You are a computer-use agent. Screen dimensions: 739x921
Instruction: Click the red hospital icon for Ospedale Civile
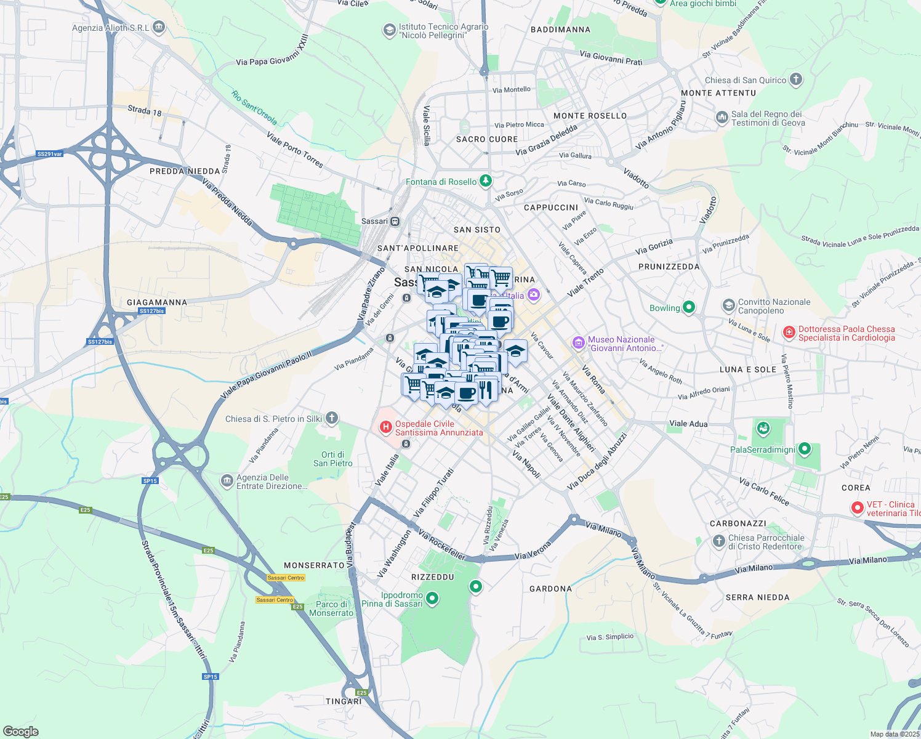[x=386, y=426]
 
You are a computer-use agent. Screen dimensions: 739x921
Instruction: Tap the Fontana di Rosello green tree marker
[x=486, y=181]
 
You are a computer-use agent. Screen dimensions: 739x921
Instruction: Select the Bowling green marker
[x=689, y=307]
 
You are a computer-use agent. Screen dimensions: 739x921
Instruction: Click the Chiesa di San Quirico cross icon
[x=796, y=79]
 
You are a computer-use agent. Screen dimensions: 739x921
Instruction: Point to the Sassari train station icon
[x=395, y=221]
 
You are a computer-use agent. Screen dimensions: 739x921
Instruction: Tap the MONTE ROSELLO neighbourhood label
[x=590, y=116]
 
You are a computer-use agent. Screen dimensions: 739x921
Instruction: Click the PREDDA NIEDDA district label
[x=185, y=171]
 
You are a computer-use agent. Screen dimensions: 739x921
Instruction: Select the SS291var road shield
[x=50, y=154]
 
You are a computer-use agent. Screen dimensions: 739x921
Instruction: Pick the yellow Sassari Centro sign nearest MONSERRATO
[x=286, y=578]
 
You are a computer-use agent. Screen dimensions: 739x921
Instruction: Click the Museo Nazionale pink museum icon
[x=578, y=343]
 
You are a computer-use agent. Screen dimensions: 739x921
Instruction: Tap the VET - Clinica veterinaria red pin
[x=857, y=508]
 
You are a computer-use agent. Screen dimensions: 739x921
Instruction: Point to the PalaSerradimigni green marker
[x=805, y=450]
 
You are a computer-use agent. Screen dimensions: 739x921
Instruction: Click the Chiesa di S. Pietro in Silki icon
[x=332, y=419]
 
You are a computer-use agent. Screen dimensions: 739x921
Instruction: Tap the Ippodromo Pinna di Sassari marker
[x=432, y=598]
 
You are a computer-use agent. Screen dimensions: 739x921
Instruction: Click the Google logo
[x=21, y=732]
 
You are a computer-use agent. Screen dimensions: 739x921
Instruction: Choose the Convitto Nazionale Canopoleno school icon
[x=729, y=305]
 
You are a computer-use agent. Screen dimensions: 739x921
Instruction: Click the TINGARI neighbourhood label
[x=344, y=701]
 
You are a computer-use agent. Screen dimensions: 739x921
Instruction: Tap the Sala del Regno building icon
[x=722, y=117]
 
